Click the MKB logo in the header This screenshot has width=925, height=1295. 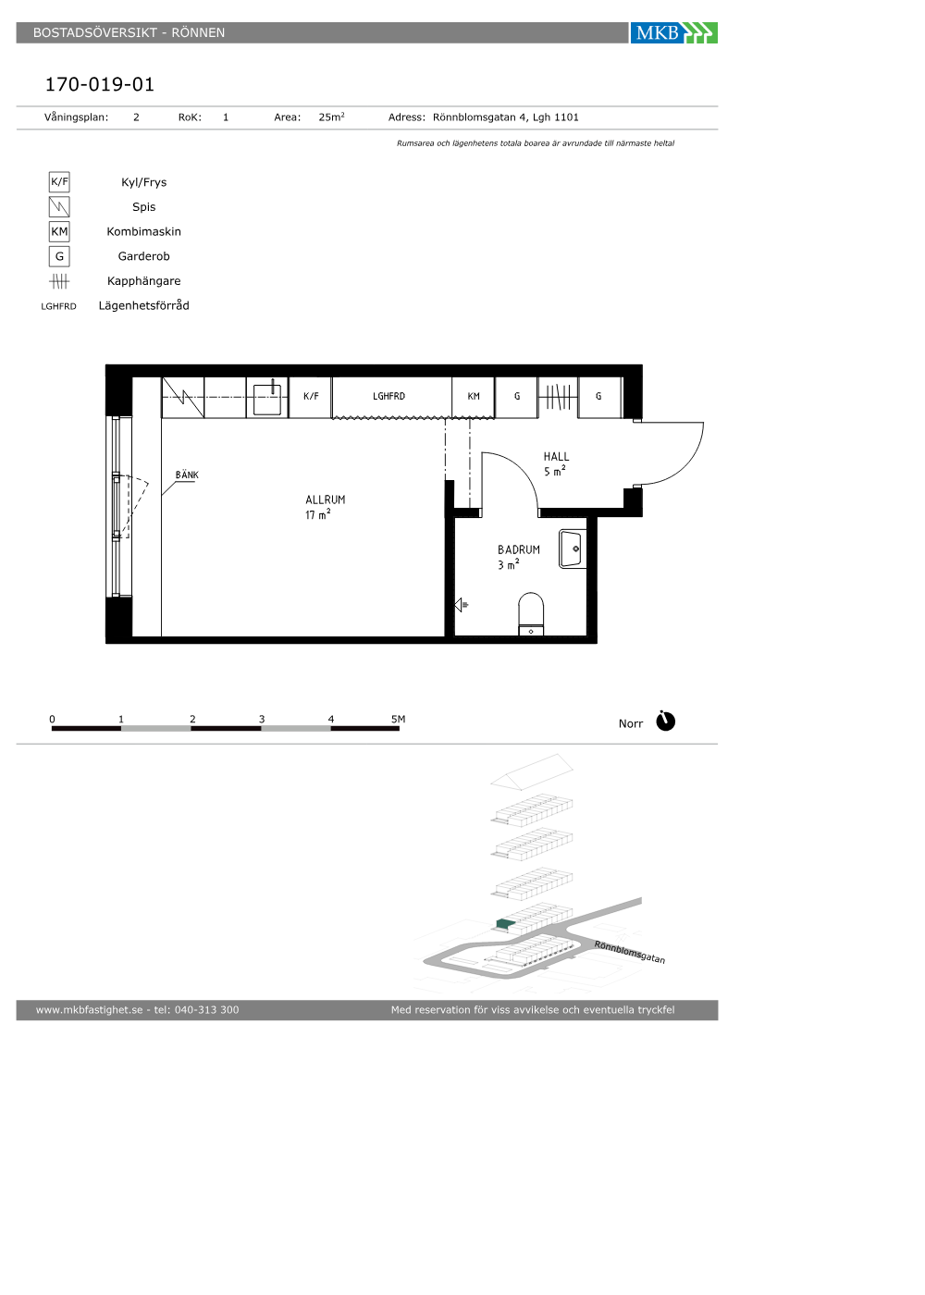(x=673, y=33)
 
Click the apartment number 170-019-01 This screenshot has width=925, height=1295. (x=100, y=84)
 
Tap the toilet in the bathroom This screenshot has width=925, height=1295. (x=531, y=614)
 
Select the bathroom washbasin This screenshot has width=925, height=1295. (x=572, y=549)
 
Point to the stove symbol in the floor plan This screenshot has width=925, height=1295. (x=183, y=397)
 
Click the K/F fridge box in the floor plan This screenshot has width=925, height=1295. (x=311, y=397)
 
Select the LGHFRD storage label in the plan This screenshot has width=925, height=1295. (x=388, y=396)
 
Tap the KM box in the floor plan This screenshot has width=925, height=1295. (x=473, y=397)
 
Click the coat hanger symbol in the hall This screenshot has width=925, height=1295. (x=557, y=397)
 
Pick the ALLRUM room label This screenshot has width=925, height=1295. (x=325, y=499)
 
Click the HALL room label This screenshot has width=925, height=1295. (x=556, y=457)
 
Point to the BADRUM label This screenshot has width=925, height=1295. (x=519, y=549)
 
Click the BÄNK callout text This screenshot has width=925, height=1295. (x=187, y=475)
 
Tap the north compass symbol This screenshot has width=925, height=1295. (x=665, y=721)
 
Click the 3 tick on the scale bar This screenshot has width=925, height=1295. (x=261, y=720)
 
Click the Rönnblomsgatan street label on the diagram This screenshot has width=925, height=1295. (x=630, y=952)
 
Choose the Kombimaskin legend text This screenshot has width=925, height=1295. (x=143, y=232)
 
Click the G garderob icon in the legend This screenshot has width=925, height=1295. (x=59, y=256)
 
